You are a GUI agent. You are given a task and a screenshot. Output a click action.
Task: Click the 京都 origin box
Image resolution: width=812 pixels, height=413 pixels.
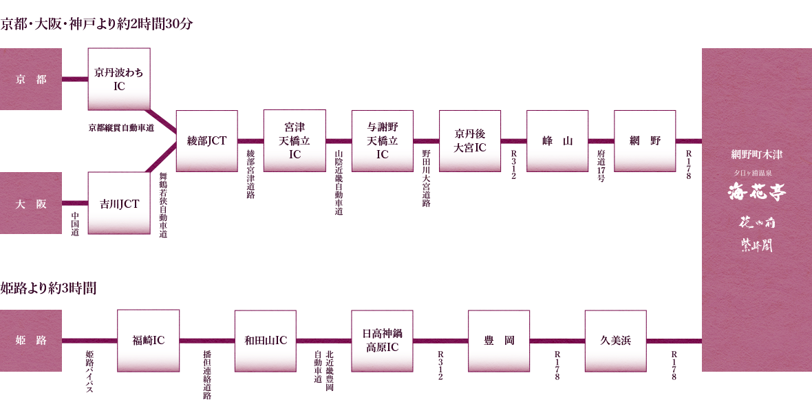[x=31, y=79]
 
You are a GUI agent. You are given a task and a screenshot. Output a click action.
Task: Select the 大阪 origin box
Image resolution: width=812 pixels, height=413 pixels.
[x=31, y=203]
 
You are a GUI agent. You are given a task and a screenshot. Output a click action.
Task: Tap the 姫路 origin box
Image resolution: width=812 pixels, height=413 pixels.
[x=31, y=341]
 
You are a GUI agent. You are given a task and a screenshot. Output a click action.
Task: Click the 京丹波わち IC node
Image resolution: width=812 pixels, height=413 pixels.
[x=119, y=78]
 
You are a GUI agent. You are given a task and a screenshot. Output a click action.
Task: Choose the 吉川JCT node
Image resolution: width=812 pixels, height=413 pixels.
[x=119, y=203]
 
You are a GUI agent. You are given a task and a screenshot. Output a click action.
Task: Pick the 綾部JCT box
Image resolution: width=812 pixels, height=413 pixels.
[x=207, y=140]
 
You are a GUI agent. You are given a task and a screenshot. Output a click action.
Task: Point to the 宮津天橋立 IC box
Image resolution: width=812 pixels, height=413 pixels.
[x=295, y=140]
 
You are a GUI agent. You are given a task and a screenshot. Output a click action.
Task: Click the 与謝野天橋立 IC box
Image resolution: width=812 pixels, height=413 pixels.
[x=383, y=140]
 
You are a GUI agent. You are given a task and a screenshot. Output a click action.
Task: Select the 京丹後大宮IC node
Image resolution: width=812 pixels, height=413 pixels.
[x=470, y=140]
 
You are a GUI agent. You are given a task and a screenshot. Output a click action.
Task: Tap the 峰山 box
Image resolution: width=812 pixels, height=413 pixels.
[x=557, y=140]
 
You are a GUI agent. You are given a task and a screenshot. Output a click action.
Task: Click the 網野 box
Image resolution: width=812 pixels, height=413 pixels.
[x=645, y=140]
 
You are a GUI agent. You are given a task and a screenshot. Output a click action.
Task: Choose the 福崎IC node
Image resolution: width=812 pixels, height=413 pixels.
[x=149, y=340]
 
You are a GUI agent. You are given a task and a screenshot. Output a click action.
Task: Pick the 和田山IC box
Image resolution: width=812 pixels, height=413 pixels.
[x=266, y=340]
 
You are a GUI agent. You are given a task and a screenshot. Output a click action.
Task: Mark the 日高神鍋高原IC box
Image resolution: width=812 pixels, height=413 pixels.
[x=382, y=340]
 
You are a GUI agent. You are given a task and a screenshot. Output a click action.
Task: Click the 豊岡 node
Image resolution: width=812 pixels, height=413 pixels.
[x=499, y=340]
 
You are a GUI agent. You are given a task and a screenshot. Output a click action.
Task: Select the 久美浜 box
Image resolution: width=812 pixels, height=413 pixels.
[x=615, y=340]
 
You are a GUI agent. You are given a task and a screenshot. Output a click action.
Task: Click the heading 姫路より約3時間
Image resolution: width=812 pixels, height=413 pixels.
[x=48, y=288]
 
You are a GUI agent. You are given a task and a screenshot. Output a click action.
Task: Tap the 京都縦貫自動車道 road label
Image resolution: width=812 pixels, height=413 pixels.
[x=121, y=127]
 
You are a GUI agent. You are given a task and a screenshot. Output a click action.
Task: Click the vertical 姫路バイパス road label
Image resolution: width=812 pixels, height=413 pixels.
[x=89, y=372]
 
